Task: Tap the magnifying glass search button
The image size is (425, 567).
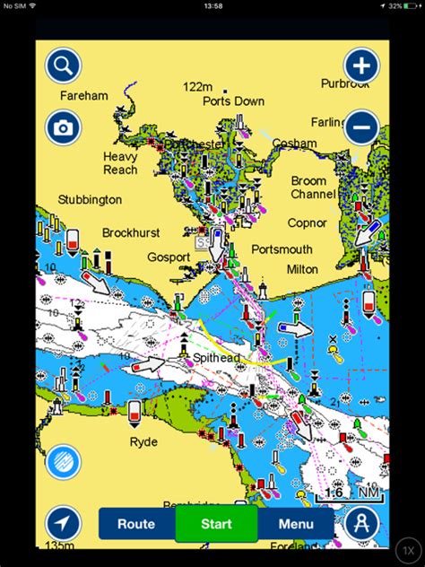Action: coord(64,65)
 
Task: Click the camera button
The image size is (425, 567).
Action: coord(64,127)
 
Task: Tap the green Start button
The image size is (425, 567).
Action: coord(216,524)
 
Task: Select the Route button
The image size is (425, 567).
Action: coord(136,524)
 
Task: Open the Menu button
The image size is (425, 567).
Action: coord(296,524)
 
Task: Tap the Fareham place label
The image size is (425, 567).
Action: coord(83,95)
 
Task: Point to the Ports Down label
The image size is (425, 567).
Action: coord(234,101)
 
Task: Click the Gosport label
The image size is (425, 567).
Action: coord(169,257)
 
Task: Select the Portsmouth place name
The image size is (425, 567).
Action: coord(282,249)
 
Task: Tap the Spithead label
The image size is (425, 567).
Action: coord(216,357)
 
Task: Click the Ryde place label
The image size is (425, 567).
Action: coord(143,441)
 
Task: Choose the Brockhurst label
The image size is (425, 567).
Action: coord(131,232)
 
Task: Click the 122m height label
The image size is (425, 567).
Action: coord(197,86)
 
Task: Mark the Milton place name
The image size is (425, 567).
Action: coord(302,269)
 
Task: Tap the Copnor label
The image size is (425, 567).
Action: coord(308,222)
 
